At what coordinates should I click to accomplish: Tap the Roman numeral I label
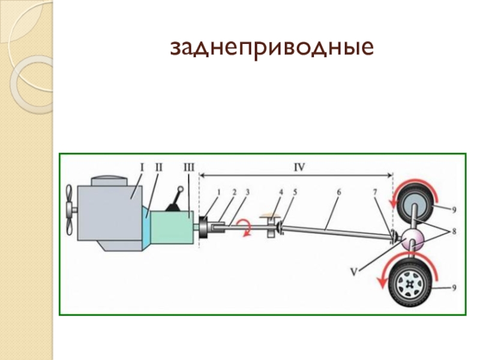[x=142, y=168]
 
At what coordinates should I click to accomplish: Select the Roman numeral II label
[x=158, y=168]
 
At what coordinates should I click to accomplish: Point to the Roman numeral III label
[x=188, y=168]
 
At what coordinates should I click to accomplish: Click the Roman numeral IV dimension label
[x=298, y=168]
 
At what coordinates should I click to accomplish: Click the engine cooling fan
[x=70, y=209]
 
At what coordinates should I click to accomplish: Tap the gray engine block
[x=114, y=210]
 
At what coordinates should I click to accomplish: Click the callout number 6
[x=339, y=192]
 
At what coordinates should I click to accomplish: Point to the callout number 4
[x=280, y=192]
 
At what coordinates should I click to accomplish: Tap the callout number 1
[x=219, y=192]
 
